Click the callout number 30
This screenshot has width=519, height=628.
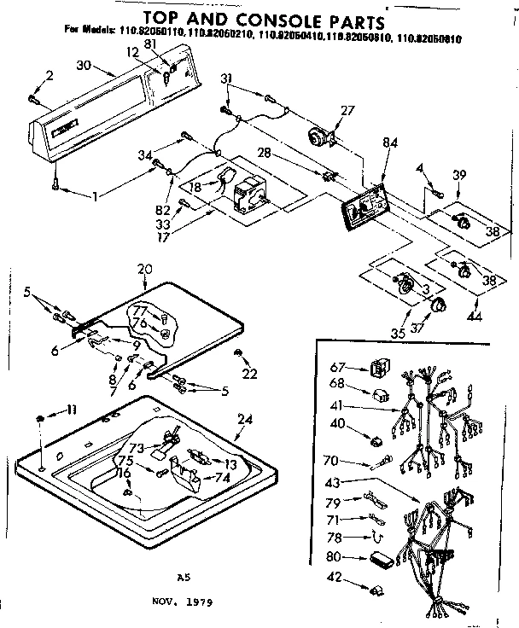point(84,64)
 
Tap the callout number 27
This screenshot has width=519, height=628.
point(347,110)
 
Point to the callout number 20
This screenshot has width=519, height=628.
point(145,269)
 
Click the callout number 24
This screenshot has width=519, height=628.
point(246,420)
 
